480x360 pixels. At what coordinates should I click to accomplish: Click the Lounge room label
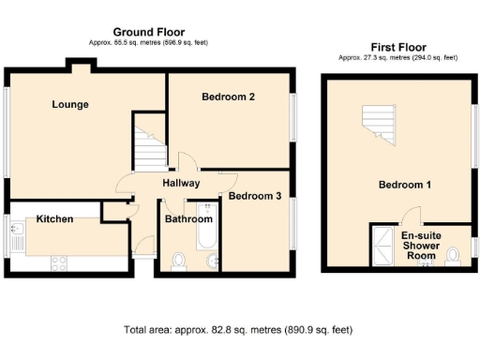(x=70, y=104)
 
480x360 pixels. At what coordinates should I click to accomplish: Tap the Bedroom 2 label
(x=228, y=97)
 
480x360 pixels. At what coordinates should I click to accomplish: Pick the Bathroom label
(x=187, y=219)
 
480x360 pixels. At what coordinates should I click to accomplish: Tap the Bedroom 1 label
(x=404, y=185)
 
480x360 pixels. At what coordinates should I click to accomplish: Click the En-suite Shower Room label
(x=421, y=246)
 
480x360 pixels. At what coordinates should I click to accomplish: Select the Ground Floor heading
(x=148, y=32)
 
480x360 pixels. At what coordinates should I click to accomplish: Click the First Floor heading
(x=398, y=46)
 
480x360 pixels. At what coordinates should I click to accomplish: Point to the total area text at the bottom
(x=238, y=330)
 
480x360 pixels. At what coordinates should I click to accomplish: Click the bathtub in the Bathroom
(x=206, y=242)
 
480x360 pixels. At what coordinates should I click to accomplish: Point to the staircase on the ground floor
(x=148, y=147)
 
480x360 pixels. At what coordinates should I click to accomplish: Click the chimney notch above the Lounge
(x=78, y=64)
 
